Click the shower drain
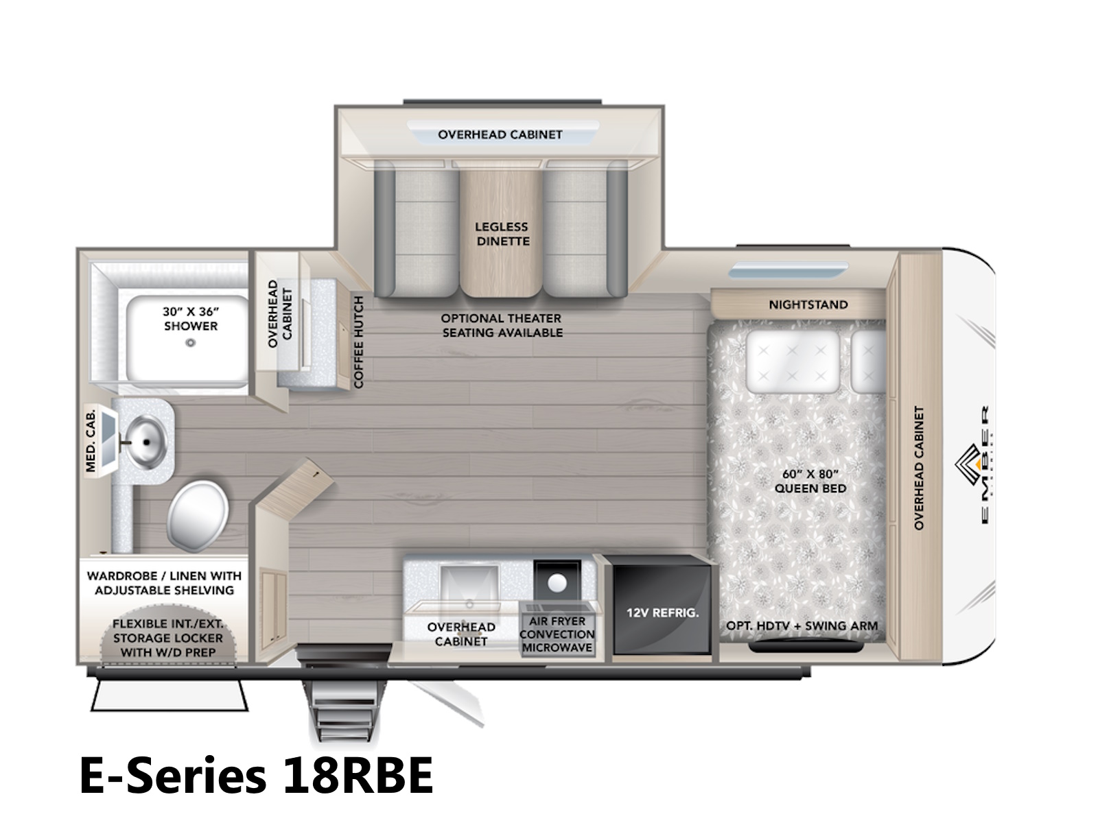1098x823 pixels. (190, 343)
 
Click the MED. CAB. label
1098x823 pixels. (91, 441)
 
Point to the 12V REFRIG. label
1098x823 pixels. (662, 612)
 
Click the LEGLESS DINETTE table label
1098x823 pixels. (502, 234)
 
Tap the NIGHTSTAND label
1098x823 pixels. (808, 305)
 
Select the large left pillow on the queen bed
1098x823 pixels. (793, 362)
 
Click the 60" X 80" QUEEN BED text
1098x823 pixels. (810, 481)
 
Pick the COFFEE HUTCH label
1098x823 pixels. (358, 342)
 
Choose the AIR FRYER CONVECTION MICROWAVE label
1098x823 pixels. (557, 634)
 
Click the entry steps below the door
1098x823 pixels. (343, 704)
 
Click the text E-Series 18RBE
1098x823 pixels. (256, 775)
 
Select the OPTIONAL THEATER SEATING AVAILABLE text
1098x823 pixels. (502, 325)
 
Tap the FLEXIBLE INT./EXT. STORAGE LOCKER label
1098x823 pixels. (167, 638)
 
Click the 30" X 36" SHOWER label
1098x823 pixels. (191, 319)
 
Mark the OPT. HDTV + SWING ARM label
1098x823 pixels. (802, 625)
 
